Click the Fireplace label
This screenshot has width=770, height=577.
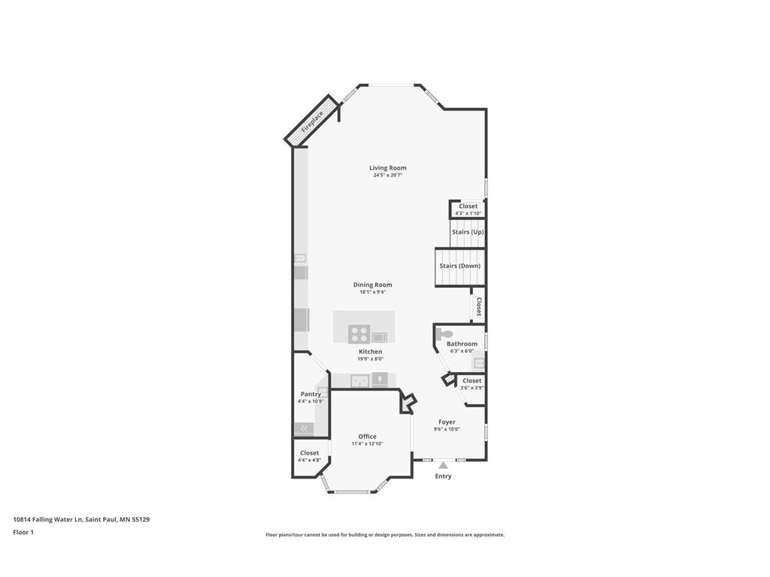tap(312, 122)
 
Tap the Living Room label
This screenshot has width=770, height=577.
tap(387, 168)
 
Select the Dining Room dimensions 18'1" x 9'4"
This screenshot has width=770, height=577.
tap(372, 292)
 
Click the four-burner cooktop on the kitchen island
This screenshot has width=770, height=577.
tap(359, 334)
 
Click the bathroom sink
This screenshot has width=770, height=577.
tap(478, 364)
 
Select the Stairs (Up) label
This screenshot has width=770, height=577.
tap(467, 231)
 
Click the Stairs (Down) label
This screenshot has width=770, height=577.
tap(459, 265)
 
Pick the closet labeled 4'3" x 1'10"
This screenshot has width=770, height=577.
tap(468, 209)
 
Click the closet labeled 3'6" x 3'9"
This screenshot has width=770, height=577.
tap(471, 384)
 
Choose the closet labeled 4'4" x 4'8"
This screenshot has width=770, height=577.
tap(309, 456)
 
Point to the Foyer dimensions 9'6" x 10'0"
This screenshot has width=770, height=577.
tap(447, 430)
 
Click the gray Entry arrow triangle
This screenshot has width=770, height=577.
tap(443, 466)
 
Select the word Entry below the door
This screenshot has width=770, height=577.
tap(443, 476)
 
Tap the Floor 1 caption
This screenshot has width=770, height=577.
tap(23, 532)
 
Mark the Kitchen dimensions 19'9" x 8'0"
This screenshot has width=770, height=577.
tap(370, 359)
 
